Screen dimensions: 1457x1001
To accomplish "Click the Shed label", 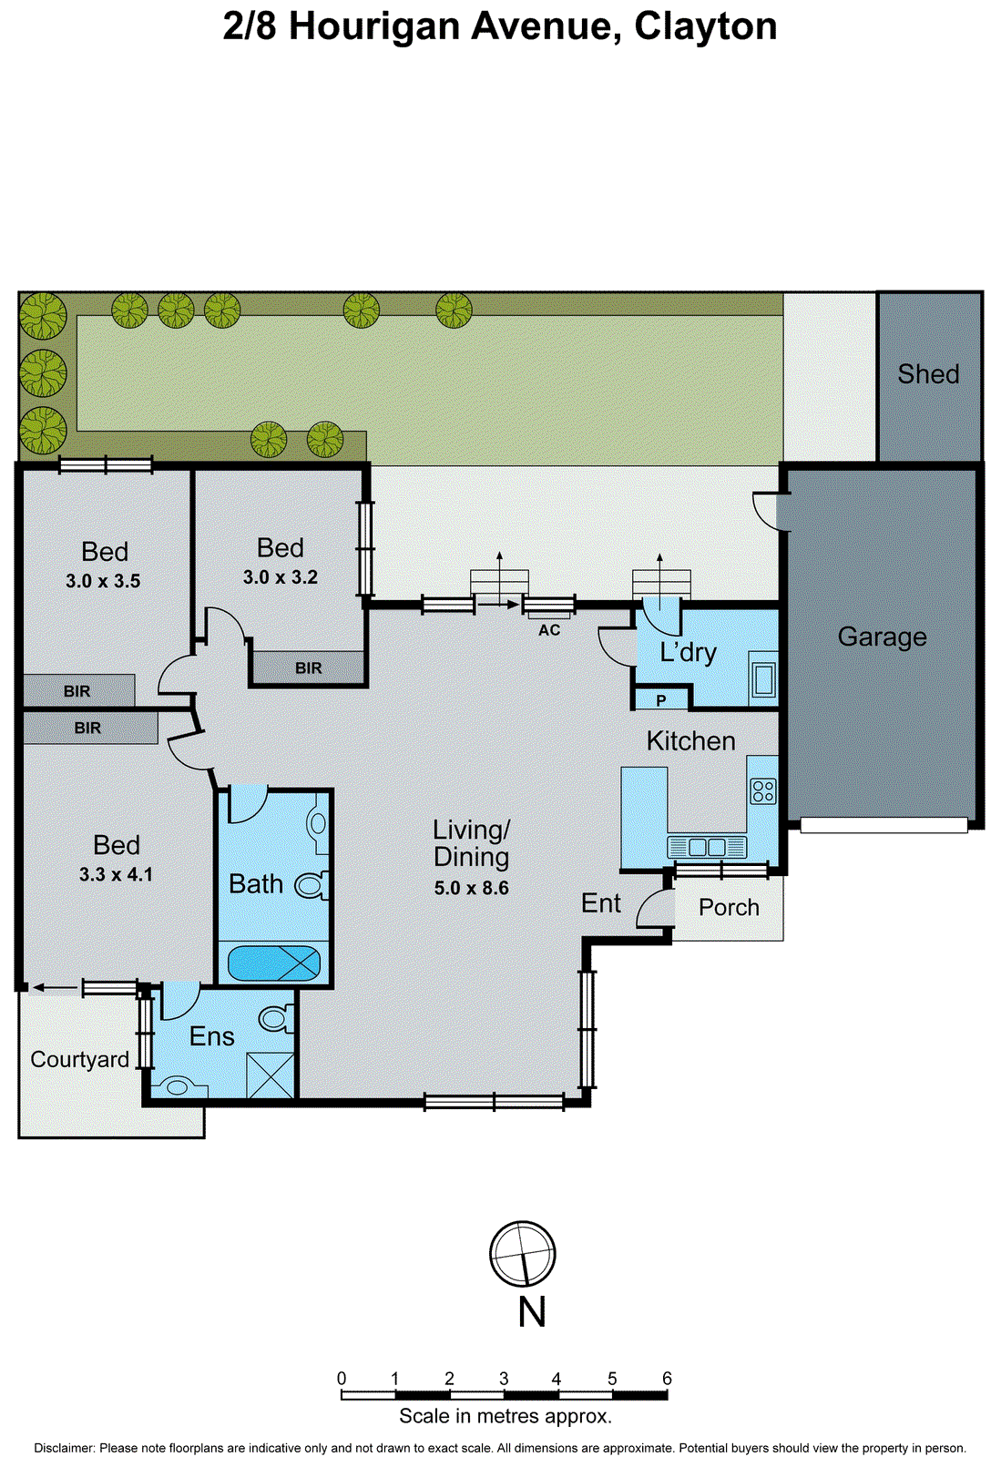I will click(928, 374).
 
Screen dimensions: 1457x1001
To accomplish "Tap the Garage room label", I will click(882, 637).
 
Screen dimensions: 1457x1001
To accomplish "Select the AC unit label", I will click(549, 630).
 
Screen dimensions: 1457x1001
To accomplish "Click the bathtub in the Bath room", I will click(273, 963).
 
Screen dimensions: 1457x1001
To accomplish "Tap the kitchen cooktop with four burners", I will click(763, 790).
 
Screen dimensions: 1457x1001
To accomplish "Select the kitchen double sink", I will click(707, 847).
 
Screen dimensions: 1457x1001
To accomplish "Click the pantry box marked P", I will click(661, 700).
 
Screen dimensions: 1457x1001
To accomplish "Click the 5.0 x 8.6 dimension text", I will click(471, 888).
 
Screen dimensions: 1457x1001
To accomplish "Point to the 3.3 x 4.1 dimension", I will click(116, 874).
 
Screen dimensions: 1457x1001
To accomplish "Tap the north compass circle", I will click(523, 1254).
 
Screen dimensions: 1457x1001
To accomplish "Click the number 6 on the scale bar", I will click(667, 1379).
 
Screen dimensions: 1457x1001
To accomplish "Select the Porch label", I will click(729, 907).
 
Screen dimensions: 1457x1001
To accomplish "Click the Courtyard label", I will click(80, 1059).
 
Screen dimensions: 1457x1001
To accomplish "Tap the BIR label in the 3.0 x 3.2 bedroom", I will click(309, 667).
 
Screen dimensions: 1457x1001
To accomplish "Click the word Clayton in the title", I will click(706, 26).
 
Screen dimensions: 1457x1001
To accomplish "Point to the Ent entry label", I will click(601, 903).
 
